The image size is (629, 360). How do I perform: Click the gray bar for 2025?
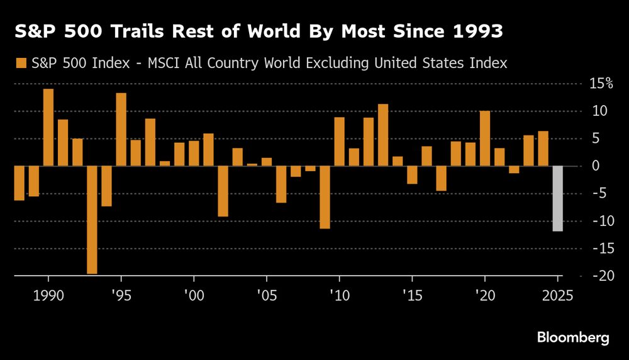pos(557,199)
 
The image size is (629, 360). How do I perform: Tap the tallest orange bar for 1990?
pos(48,128)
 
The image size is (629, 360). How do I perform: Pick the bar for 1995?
pos(121,130)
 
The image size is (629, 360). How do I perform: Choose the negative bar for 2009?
pos(325,198)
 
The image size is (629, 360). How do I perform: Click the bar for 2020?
pos(485,138)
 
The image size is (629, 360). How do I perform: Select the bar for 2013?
pos(383,135)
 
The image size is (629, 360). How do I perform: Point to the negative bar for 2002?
pos(223,191)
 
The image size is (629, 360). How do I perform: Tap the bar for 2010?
pos(339,142)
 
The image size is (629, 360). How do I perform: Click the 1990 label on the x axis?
pos(48,296)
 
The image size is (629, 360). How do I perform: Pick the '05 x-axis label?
pos(266,296)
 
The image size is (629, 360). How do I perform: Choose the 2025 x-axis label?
pos(557,296)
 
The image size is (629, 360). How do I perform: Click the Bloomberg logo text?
pos(573,338)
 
